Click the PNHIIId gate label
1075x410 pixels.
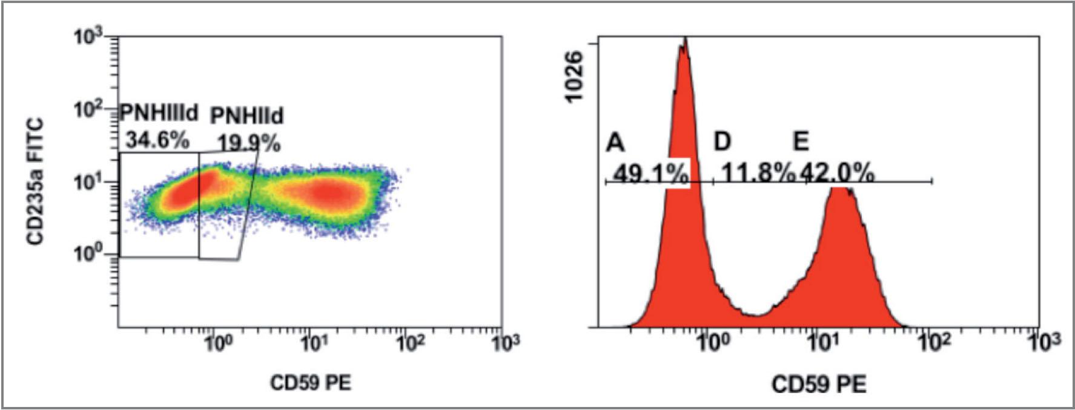[159, 112]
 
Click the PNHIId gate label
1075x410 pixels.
[246, 115]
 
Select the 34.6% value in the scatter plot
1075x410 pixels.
[157, 140]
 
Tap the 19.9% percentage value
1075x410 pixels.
[249, 144]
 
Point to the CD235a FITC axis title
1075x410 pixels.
[36, 181]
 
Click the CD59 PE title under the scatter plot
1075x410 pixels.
[311, 383]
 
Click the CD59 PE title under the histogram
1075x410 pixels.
[818, 384]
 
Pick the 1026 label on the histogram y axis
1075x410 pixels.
[573, 77]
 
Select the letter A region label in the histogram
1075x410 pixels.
[615, 143]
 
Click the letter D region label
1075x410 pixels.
[722, 142]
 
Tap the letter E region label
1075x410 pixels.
[801, 142]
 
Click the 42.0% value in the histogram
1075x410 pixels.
[838, 174]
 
